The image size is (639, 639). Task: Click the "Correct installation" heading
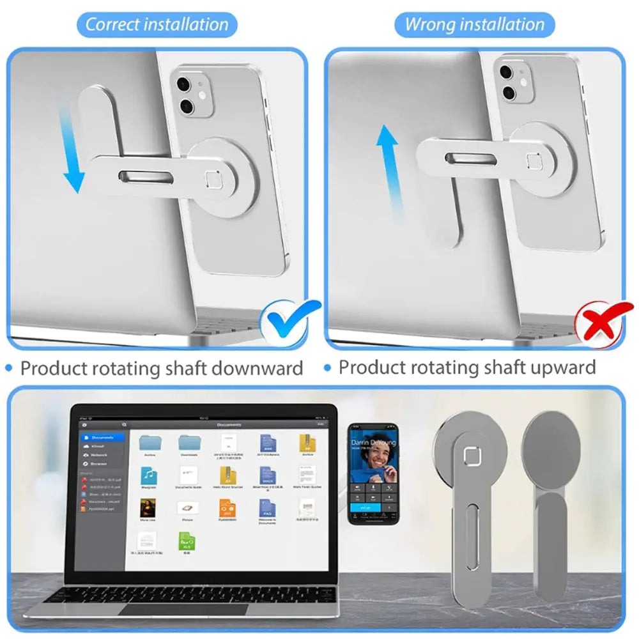[157, 25]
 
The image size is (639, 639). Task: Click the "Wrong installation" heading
[475, 25]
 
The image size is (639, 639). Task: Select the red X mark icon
[598, 322]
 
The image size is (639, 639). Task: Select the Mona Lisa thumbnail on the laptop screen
[148, 509]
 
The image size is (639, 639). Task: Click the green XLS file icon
[187, 541]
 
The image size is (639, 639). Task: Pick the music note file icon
[149, 475]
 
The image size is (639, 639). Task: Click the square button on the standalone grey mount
[472, 456]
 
